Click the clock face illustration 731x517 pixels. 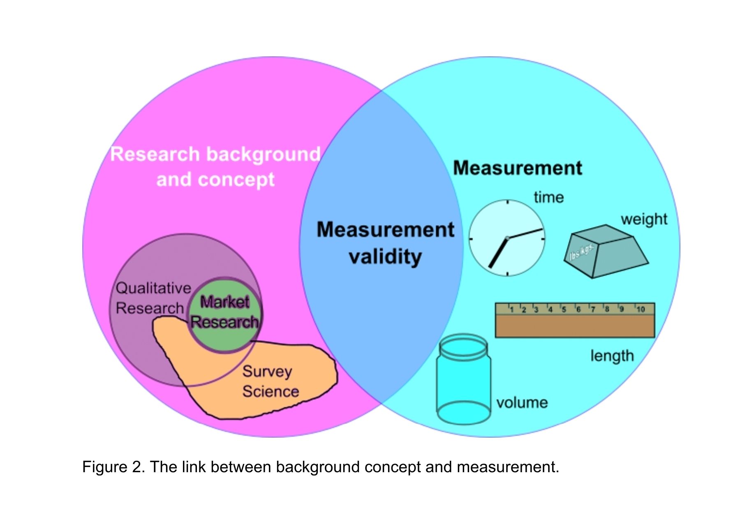(507, 238)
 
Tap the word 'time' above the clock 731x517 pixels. (548, 198)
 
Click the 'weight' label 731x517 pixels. (644, 219)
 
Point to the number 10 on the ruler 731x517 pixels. (640, 309)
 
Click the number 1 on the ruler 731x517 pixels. (511, 309)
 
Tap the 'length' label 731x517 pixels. (612, 356)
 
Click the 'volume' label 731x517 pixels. (522, 403)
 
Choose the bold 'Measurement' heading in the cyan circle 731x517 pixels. (517, 168)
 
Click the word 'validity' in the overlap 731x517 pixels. (385, 257)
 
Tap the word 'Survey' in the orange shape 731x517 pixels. (267, 372)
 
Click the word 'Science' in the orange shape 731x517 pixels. (271, 392)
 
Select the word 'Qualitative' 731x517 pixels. (153, 288)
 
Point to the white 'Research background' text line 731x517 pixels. (215, 155)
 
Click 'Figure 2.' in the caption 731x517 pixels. (113, 467)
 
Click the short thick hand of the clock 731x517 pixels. (498, 253)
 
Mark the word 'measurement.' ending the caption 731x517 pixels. (508, 467)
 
